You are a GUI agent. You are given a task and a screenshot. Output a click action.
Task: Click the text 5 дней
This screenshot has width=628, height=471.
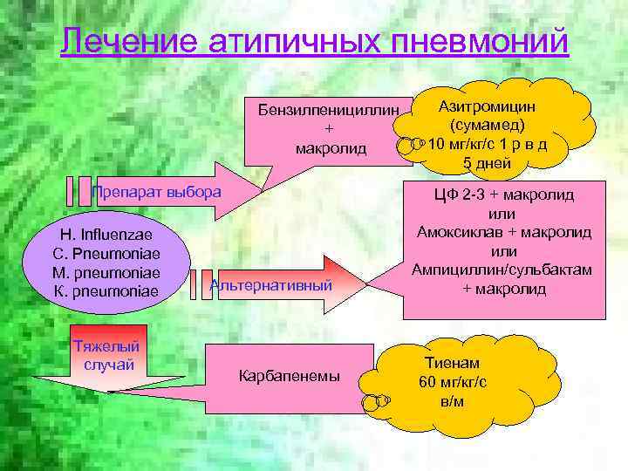click(x=487, y=163)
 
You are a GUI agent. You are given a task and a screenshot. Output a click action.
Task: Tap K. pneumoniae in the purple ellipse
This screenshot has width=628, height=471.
click(x=106, y=290)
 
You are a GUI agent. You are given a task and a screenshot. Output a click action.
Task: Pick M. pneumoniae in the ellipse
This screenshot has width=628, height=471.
click(x=106, y=272)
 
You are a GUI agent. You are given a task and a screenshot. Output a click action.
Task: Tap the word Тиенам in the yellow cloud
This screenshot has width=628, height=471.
click(x=452, y=362)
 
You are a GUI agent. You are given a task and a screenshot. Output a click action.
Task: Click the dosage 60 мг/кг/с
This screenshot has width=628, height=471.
click(x=452, y=381)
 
